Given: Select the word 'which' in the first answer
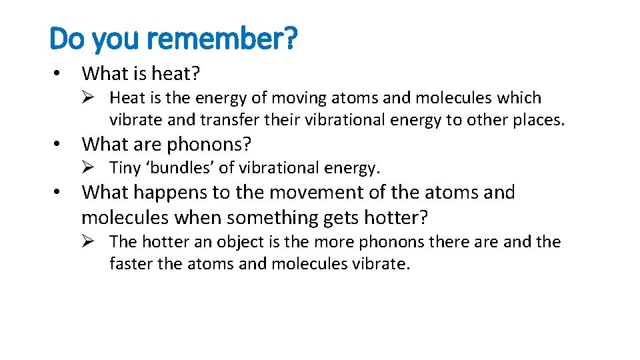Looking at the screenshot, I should point(519,98).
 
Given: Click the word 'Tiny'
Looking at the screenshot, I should point(125,167).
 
